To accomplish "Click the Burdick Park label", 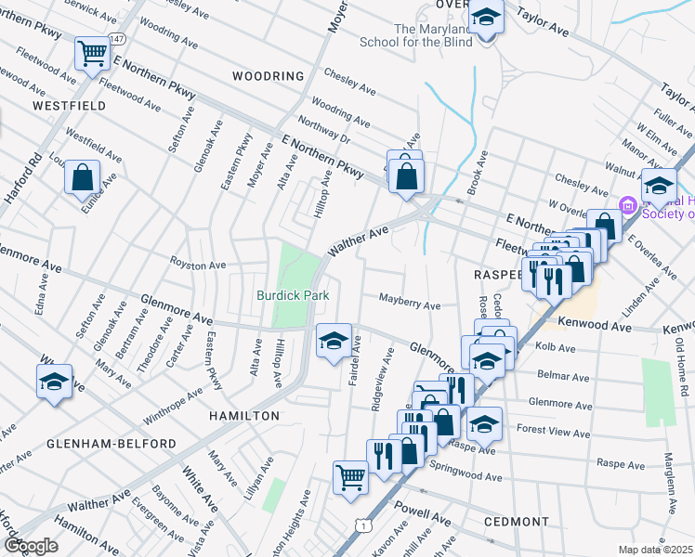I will [295, 295].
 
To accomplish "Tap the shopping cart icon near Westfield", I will [93, 54].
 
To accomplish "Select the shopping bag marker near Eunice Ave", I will [82, 176].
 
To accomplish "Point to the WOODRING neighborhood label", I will [268, 76].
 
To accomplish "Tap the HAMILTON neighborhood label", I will [243, 417].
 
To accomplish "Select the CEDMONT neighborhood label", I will [517, 522].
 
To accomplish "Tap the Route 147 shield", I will [115, 39].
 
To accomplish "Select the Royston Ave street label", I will [197, 266].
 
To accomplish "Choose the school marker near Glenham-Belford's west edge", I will [54, 382].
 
